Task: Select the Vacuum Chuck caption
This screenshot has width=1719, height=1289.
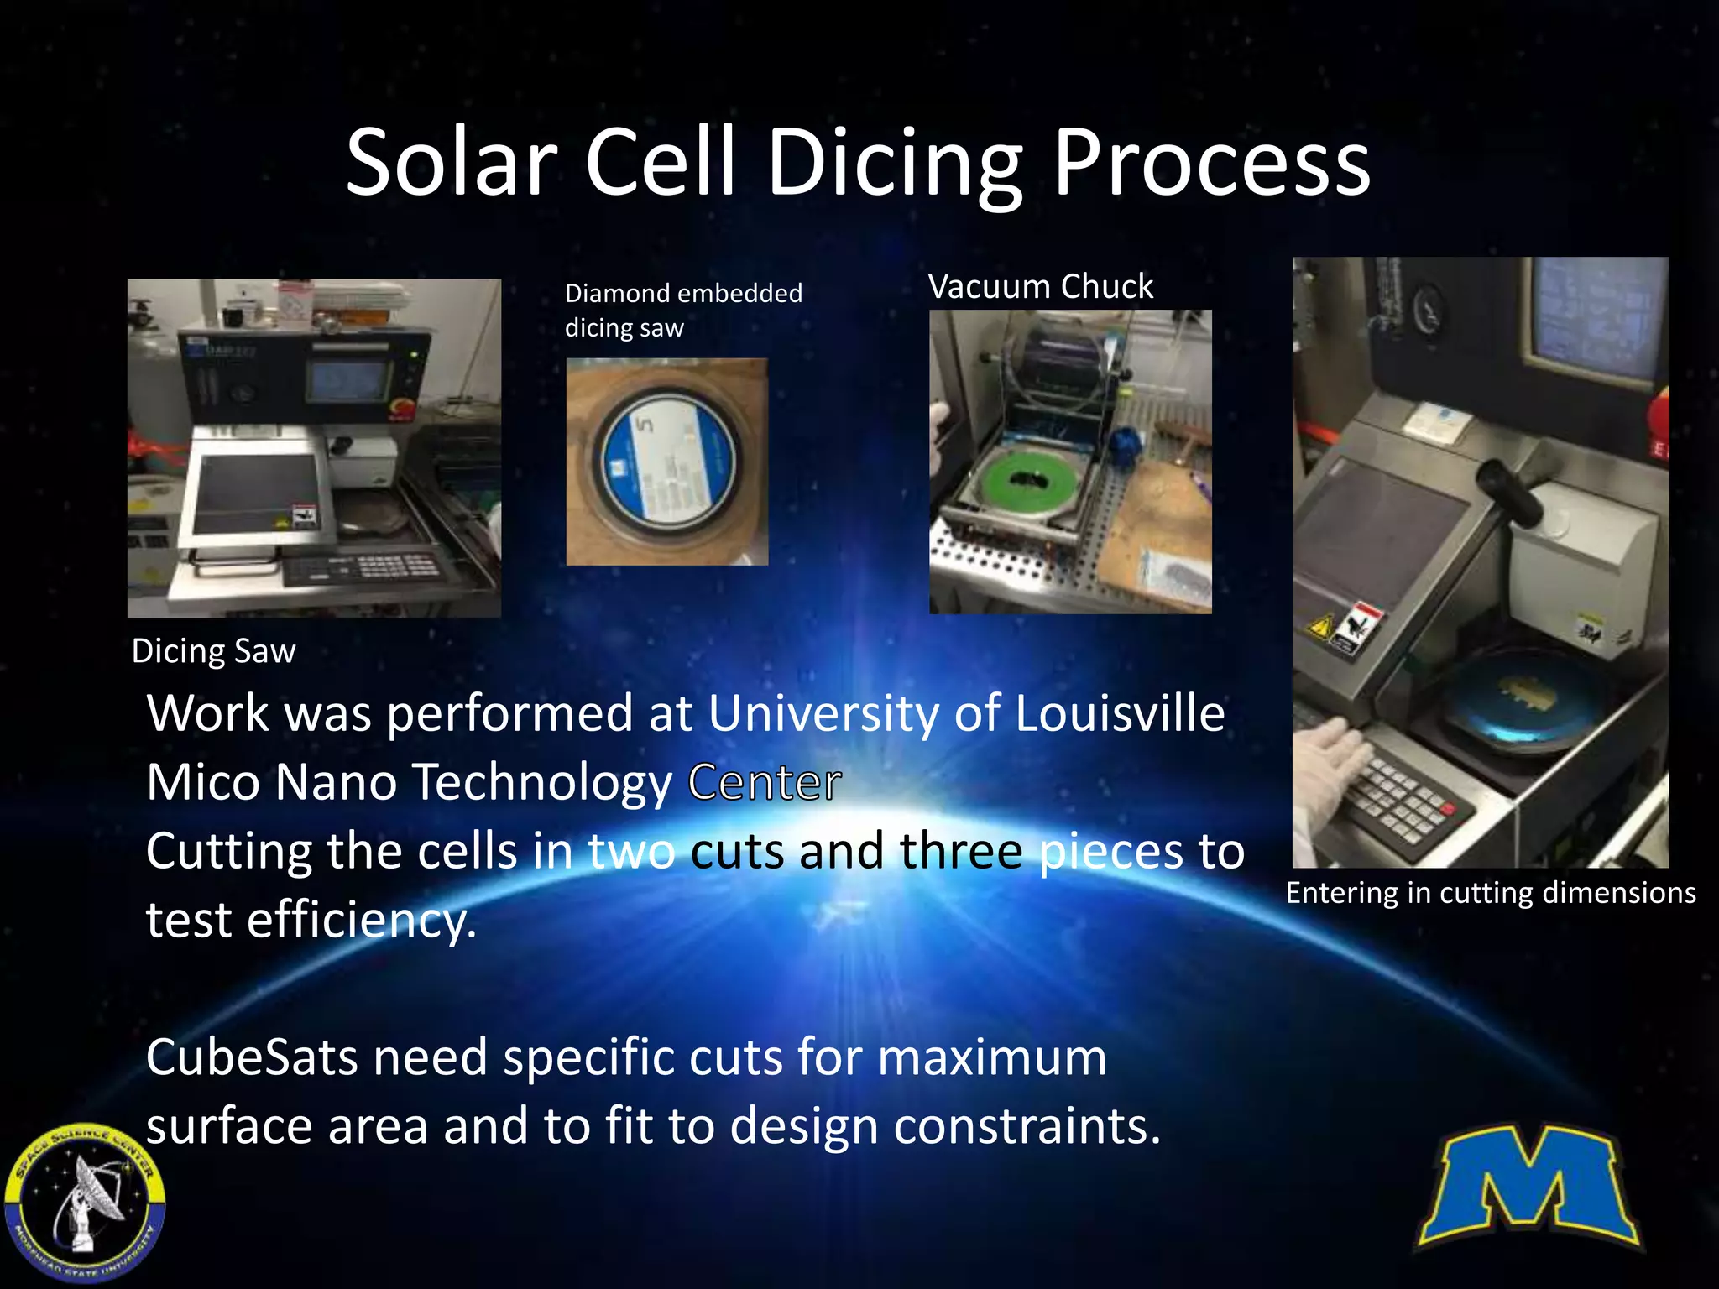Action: pyautogui.click(x=1041, y=287)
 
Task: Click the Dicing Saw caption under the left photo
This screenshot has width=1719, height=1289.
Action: pyautogui.click(x=214, y=651)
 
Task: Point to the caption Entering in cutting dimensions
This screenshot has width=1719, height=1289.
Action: pyautogui.click(x=1491, y=893)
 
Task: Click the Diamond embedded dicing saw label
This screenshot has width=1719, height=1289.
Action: pyautogui.click(x=683, y=310)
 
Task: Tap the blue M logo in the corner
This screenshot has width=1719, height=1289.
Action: pyautogui.click(x=1528, y=1187)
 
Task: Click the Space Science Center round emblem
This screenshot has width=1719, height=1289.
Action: pyautogui.click(x=84, y=1203)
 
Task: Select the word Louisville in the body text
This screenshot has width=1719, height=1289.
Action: pyautogui.click(x=1120, y=713)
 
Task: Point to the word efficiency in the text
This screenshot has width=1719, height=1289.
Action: pyautogui.click(x=361, y=921)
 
